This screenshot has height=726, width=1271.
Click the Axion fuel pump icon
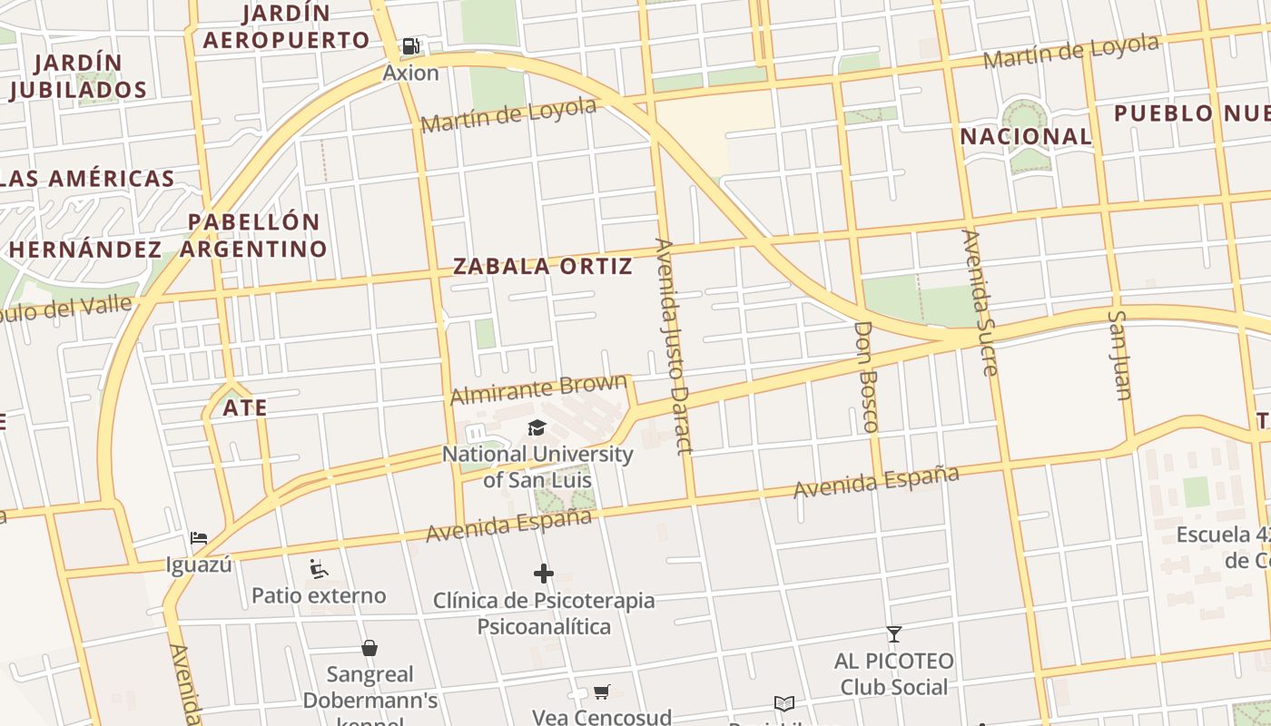pos(411,46)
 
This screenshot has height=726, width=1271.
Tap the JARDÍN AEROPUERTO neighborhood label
pos(286,27)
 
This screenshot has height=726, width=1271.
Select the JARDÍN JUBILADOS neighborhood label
pos(78,76)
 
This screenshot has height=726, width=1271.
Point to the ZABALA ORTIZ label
pos(542,266)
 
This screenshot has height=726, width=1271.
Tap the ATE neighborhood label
pos(245,407)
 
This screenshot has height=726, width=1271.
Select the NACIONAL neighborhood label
pos(1026,137)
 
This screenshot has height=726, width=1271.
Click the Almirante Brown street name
pos(538,389)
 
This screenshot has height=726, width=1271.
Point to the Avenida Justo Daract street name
pos(673,345)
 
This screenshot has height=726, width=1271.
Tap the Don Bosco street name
pos(867,376)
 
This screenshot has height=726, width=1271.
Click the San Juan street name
pos(1119,355)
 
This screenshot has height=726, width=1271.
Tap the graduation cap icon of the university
pos(537,427)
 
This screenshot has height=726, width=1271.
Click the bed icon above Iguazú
pos(199,538)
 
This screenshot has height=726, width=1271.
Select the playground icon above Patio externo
pos(319,569)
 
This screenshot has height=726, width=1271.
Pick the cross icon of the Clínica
pos(544,574)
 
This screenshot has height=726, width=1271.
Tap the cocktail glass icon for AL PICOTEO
pos(894,633)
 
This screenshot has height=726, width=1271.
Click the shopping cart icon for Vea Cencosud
pos(601,692)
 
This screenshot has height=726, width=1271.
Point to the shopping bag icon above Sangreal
pos(369,648)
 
